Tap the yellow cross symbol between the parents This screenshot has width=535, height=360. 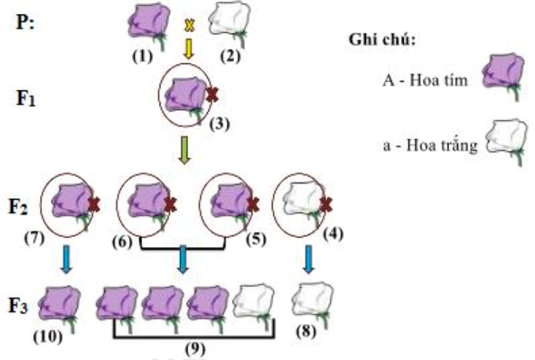coord(190,25)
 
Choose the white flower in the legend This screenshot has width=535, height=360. coord(505,141)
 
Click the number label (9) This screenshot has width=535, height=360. coord(195,349)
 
